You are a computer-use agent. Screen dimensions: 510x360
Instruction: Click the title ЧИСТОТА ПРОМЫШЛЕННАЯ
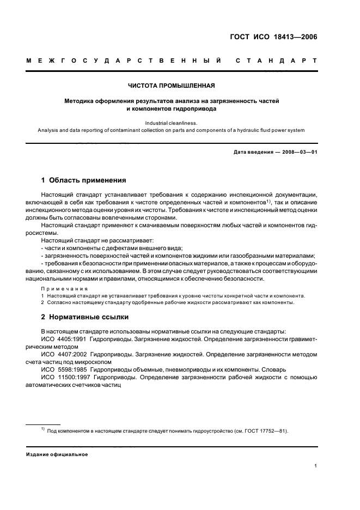(171, 86)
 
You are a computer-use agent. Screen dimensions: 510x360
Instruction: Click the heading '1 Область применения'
(84, 179)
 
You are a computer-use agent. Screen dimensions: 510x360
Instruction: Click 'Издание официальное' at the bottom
(57, 454)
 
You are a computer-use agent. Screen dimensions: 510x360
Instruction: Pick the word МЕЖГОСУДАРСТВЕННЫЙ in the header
(124, 59)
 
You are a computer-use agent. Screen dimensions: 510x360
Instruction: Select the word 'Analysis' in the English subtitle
(49, 130)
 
